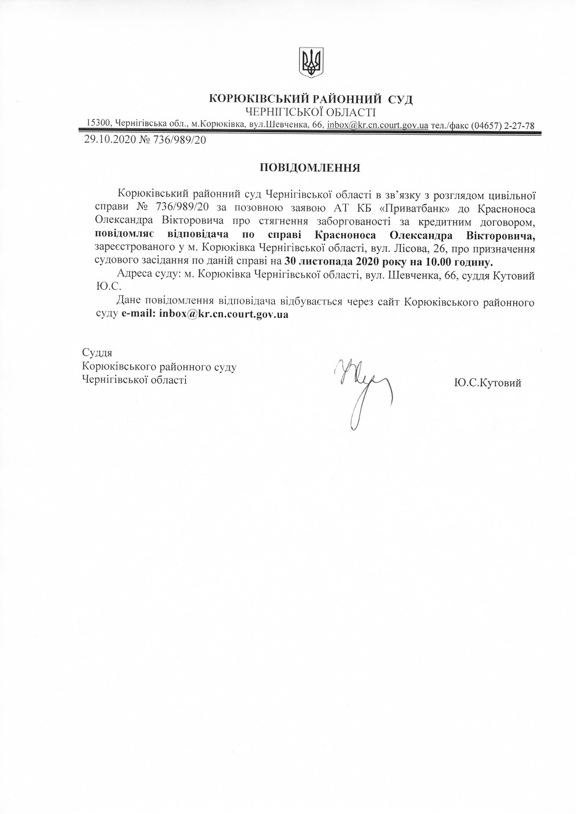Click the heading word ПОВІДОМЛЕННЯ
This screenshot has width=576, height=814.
[310, 168]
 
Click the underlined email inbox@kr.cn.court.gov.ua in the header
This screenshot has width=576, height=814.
[377, 125]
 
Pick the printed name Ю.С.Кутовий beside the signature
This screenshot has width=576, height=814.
[488, 383]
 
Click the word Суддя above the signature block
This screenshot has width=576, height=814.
[97, 353]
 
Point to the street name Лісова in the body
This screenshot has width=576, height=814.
[398, 248]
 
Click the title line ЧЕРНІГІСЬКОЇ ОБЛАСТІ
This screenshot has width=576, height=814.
[311, 112]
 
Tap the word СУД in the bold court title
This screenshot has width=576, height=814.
[400, 99]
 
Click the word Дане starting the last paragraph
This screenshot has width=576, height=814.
[128, 302]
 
